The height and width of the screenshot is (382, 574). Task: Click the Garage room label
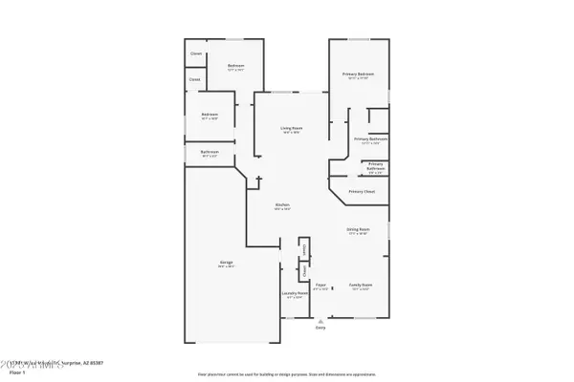[x=226, y=263]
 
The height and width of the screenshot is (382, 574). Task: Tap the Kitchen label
[x=282, y=206]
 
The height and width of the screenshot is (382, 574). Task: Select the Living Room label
[x=291, y=129]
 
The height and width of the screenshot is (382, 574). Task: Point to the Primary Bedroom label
[x=358, y=75]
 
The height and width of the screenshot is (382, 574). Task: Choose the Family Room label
[x=361, y=286]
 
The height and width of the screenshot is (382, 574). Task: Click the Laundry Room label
[x=294, y=294]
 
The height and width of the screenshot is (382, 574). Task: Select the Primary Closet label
[x=361, y=192]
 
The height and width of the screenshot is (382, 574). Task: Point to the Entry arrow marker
[x=320, y=320]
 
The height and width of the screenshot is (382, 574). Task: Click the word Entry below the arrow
[x=320, y=328]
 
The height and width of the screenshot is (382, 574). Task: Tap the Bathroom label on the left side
[x=210, y=153]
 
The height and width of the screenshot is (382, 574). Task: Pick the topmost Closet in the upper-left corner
[x=196, y=53]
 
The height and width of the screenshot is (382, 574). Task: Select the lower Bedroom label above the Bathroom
[x=210, y=117]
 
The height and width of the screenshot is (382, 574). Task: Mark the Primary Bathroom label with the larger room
[x=367, y=140]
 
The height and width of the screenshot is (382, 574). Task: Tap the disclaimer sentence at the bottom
[x=287, y=374]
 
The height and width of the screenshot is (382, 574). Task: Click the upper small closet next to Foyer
[x=304, y=248]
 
